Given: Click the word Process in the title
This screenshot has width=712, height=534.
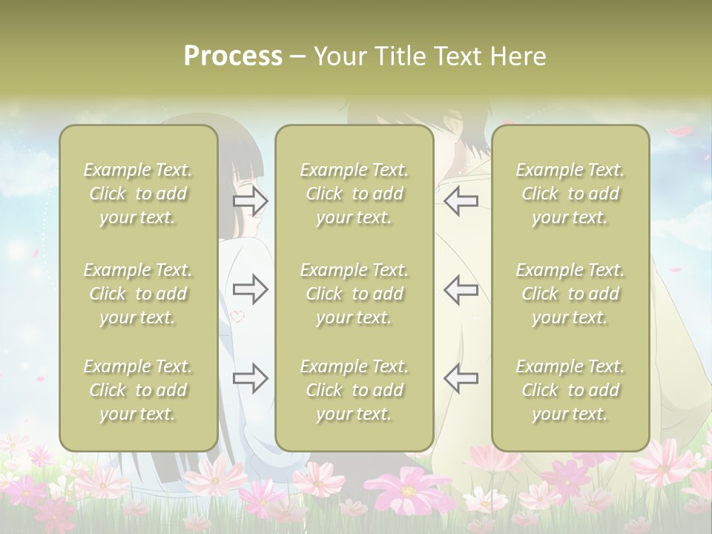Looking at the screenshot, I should coord(233,56).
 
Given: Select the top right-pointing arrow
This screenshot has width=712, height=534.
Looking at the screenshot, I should coord(251,200).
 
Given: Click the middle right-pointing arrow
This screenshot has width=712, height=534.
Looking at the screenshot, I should coord(251,289).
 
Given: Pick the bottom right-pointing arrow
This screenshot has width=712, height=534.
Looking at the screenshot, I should coord(251,378).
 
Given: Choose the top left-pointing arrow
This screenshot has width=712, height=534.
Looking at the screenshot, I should coord(461,200).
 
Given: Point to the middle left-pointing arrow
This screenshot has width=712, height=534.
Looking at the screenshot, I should coord(461,289).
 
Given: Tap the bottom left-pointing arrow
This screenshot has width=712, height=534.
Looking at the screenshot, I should coord(461,378).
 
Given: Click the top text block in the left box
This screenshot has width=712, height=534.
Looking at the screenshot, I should coord(138,194).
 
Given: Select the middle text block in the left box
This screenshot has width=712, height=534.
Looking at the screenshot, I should coord(138,294).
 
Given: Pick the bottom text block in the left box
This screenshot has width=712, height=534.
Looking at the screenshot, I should coord(138,390).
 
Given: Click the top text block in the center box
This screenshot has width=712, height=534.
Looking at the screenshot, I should coord(354,194).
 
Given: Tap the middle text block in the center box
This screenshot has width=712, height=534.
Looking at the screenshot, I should coord(354,294).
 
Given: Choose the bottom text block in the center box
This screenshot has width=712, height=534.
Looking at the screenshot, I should coord(354,390).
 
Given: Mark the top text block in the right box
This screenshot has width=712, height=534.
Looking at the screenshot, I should coord(570,194).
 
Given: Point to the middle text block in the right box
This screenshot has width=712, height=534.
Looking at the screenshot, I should coord(570,294).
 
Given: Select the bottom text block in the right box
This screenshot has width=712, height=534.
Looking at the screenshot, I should coord(570,390).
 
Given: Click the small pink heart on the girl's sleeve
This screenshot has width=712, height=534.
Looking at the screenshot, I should coord(237,316).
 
